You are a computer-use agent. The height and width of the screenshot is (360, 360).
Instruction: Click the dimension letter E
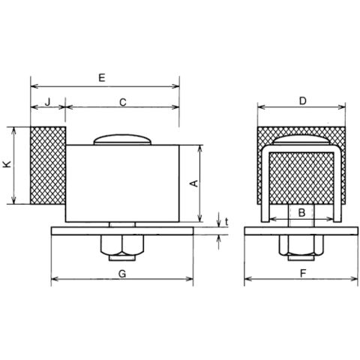[x=102, y=78]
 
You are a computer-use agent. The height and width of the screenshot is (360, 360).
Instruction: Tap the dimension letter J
[x=49, y=102]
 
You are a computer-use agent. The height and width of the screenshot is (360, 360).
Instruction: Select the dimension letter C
[x=123, y=102]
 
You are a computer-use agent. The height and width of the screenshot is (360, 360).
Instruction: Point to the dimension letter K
[x=7, y=164]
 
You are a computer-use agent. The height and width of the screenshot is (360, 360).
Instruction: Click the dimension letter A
[x=194, y=183]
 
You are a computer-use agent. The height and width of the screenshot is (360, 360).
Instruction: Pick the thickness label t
[x=226, y=222]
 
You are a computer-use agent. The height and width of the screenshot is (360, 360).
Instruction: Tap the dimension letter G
[x=122, y=274]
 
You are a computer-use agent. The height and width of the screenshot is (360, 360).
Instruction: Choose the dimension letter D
[x=303, y=101]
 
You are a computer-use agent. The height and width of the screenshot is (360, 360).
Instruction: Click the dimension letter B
[x=302, y=213]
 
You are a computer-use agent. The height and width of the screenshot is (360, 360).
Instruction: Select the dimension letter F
[x=303, y=274]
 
